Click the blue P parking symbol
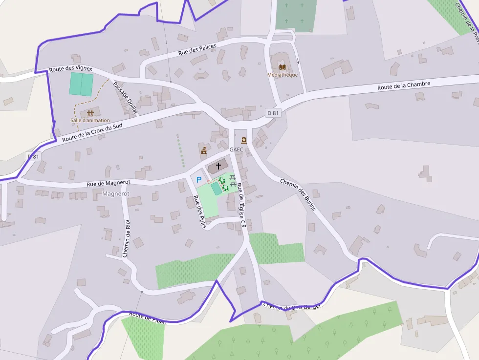pyautogui.click(x=199, y=180)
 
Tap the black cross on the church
pyautogui.click(x=218, y=166)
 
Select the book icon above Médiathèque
pyautogui.click(x=282, y=66)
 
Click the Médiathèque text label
pyautogui.click(x=283, y=75)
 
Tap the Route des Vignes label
pyautogui.click(x=70, y=69)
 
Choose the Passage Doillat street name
pyautogui.click(x=125, y=98)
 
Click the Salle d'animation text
pyautogui.click(x=90, y=120)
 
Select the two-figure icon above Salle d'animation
pyautogui.click(x=90, y=113)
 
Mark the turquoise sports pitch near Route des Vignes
pyautogui.click(x=81, y=84)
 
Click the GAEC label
pyautogui.click(x=236, y=149)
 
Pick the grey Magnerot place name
pyautogui.click(x=116, y=194)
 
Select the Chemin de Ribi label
pyautogui.click(x=127, y=238)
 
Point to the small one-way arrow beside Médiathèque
pyautogui.click(x=299, y=62)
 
